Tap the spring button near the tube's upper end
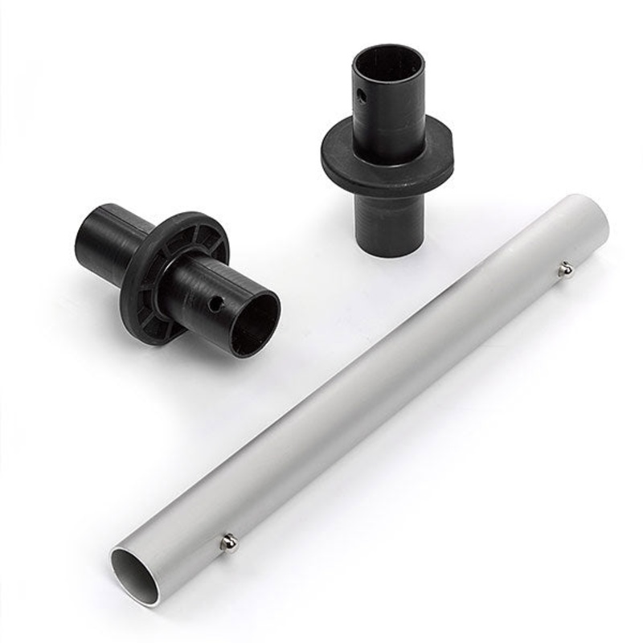[566, 269]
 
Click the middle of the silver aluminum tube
[362, 394]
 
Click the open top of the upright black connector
[387, 58]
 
